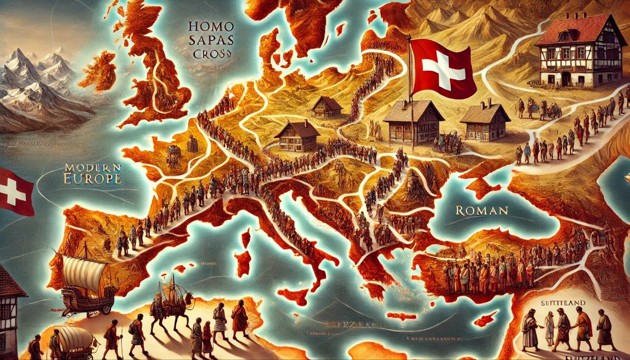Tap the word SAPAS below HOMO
[x=209, y=40]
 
